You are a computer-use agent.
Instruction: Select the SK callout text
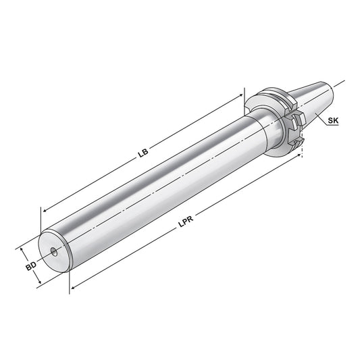[x=332, y=121]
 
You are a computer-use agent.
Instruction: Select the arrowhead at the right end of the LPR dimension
[x=301, y=155]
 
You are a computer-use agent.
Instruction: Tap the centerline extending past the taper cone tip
[x=340, y=83]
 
